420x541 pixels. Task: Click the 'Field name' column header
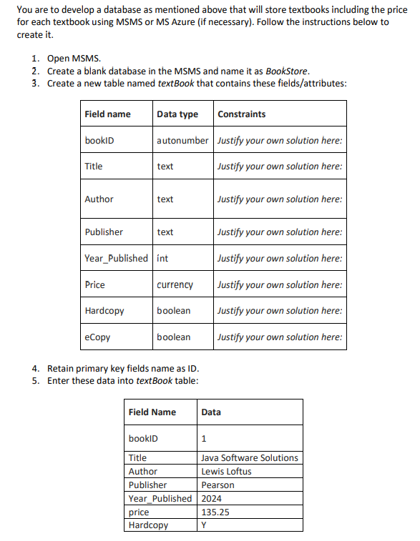pos(107,114)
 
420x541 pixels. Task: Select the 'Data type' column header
pos(177,114)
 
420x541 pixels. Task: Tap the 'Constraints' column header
pos(241,114)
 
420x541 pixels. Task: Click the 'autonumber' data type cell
pos(182,141)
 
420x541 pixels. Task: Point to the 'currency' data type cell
pos(175,285)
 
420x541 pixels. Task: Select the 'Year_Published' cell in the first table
pos(116,258)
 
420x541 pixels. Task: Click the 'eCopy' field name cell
pos(97,337)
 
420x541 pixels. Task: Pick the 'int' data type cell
pos(162,258)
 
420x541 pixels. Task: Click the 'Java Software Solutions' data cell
pos(250,457)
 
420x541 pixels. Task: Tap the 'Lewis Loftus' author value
pos(226,472)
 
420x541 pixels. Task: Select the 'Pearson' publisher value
pos(218,485)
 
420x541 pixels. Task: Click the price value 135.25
pos(215,512)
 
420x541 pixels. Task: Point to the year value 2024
pos(212,499)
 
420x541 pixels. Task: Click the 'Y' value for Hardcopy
pos(204,526)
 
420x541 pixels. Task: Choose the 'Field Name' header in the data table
pos(152,412)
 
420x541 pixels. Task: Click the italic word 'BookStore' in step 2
pos(287,71)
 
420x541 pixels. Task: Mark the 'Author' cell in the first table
pos(99,199)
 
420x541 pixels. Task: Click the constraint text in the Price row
pos(280,285)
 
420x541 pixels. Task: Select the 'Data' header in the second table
pos(211,412)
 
